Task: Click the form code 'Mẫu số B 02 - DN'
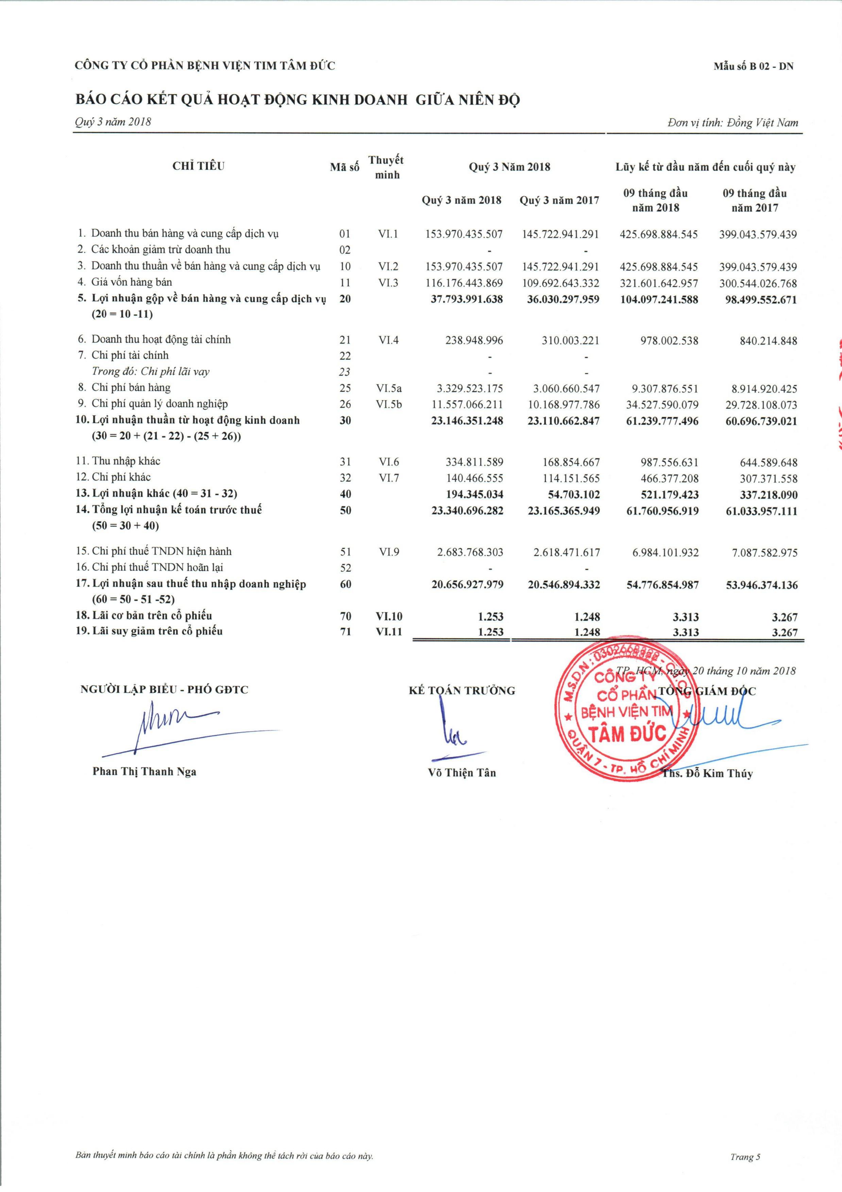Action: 753,66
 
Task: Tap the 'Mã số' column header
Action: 344,167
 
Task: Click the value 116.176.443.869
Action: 464,283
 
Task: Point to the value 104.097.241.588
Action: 659,300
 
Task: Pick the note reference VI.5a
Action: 389,388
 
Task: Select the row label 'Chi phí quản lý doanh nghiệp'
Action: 160,404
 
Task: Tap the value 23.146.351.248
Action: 467,421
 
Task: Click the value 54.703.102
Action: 574,494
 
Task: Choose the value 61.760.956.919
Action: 659,511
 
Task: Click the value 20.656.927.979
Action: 467,585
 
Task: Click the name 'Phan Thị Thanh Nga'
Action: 144,771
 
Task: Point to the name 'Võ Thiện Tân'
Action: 462,773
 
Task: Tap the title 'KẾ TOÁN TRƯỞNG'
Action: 462,690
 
